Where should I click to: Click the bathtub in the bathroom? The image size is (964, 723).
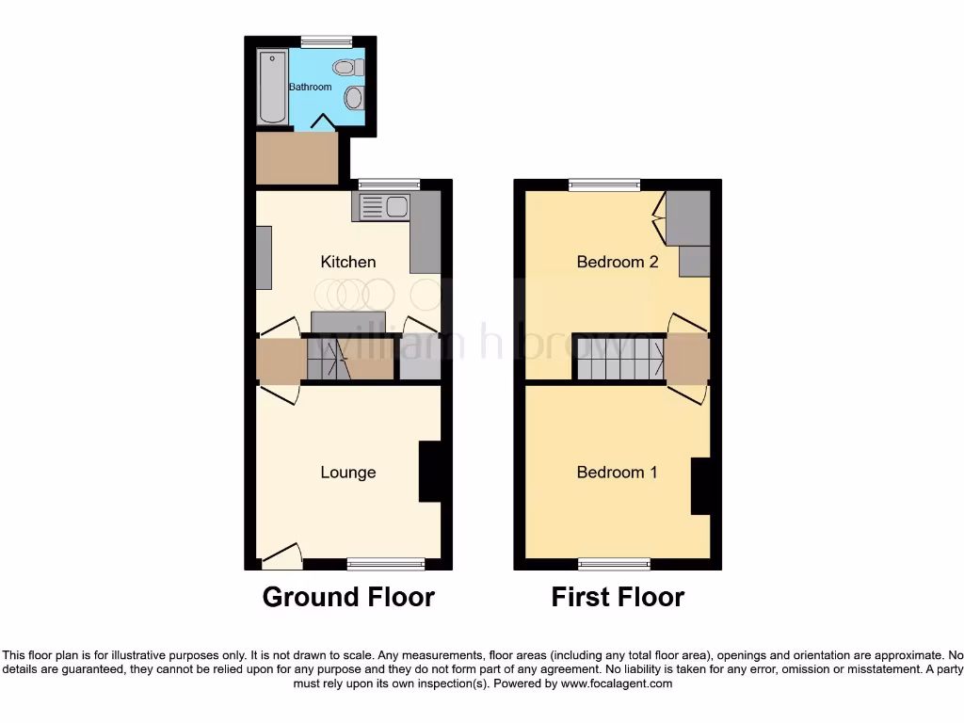271,88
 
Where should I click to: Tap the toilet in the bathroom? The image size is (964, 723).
347,67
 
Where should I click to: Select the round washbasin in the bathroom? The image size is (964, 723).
353,98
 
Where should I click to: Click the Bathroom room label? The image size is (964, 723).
310,87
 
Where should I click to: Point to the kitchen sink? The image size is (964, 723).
381,207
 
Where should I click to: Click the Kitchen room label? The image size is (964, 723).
348,262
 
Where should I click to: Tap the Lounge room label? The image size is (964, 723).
348,473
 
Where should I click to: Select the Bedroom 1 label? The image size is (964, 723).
617,473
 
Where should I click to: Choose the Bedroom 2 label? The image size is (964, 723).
617,262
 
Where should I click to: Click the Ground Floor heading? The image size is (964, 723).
348,597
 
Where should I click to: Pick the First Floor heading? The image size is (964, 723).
618,597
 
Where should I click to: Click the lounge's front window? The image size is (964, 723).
386,564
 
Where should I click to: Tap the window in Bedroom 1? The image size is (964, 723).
614,564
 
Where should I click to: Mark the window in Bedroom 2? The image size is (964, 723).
604,185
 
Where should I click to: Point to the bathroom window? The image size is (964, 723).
326,41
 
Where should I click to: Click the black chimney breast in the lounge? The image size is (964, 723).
429,472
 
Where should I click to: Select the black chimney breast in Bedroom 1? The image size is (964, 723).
700,486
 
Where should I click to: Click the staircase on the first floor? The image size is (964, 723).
619,360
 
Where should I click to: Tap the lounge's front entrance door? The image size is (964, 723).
281,557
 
